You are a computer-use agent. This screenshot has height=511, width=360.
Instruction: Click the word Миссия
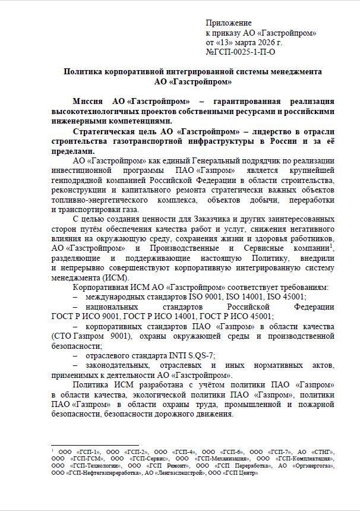pyautogui.click(x=89, y=102)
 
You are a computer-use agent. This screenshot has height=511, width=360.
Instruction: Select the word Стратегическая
pyautogui.click(x=107, y=131)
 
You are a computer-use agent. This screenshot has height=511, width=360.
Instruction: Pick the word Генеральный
pyautogui.click(x=194, y=162)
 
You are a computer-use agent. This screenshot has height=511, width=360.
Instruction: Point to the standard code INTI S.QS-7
pyautogui.click(x=190, y=355)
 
